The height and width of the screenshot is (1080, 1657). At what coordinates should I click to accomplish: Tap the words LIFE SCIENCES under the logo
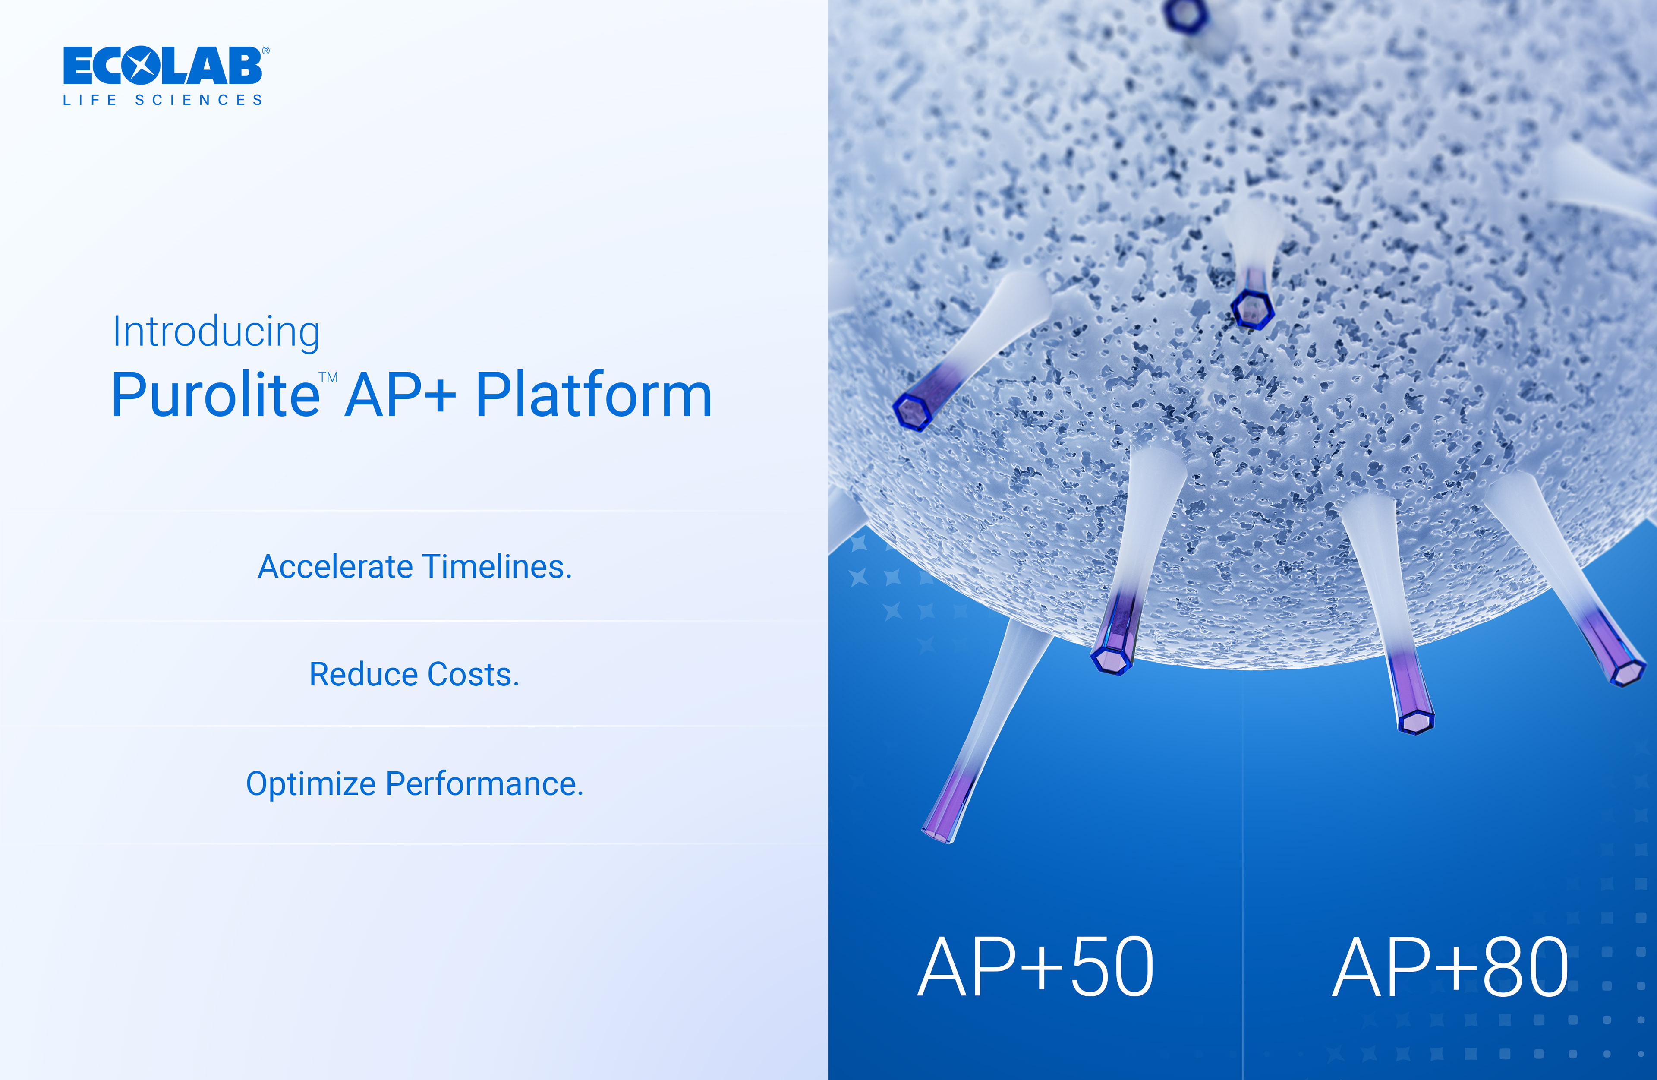[x=163, y=100]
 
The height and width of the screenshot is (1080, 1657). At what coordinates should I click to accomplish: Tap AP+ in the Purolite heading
[x=400, y=395]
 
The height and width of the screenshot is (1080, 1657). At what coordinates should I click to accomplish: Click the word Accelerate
[x=336, y=567]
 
